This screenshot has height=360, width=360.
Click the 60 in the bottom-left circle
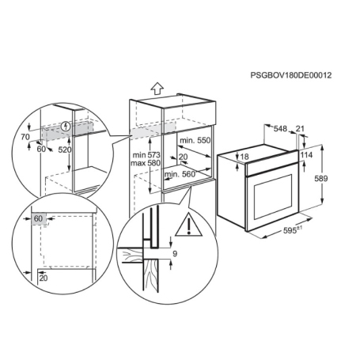pyautogui.click(x=38, y=218)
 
